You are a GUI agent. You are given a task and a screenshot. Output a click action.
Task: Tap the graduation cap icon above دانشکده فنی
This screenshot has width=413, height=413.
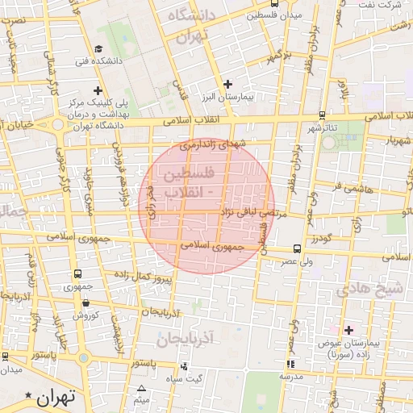pos(99,48)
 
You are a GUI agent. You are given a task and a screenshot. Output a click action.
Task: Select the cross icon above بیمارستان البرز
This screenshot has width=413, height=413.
pos(227,84)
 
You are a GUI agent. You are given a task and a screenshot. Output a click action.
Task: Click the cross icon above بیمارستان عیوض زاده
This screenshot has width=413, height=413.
pos(348,329)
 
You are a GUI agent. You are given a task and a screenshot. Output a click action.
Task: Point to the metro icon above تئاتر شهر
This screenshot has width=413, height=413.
pos(322,115)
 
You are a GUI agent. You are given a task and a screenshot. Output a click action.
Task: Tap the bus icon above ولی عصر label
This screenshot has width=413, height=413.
pos(298,248)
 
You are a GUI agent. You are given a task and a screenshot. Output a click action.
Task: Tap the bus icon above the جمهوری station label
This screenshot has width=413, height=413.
pos(77,274)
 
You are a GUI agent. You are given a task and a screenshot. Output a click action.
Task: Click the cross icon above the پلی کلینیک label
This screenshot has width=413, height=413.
pos(98,90)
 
